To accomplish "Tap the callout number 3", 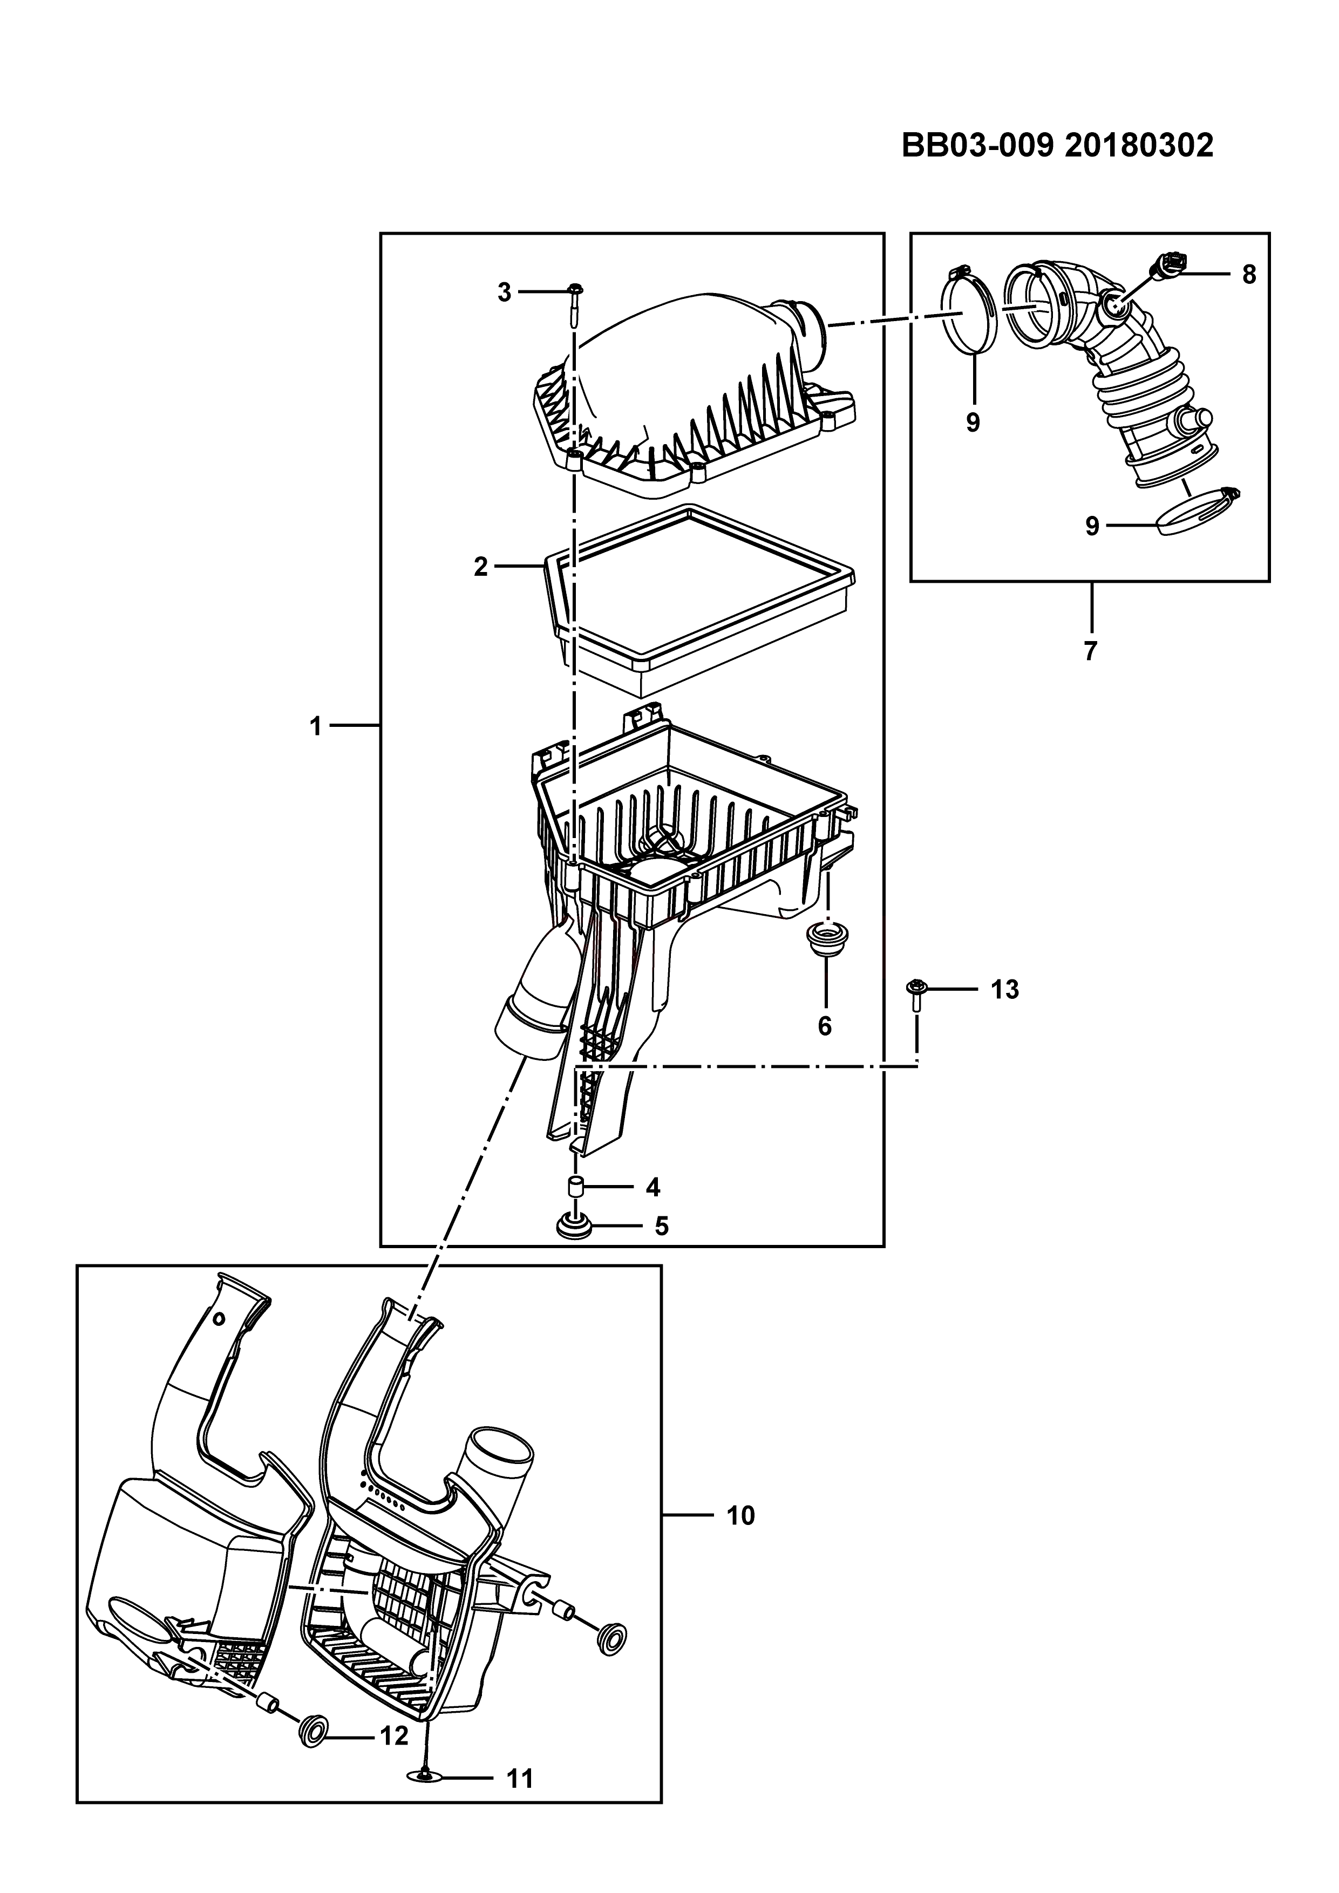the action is pos(505,292).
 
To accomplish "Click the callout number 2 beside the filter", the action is pos(481,567).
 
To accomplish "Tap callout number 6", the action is pos(825,1026).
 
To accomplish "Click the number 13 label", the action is pos(1004,989).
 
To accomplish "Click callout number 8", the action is pos(1248,275).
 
